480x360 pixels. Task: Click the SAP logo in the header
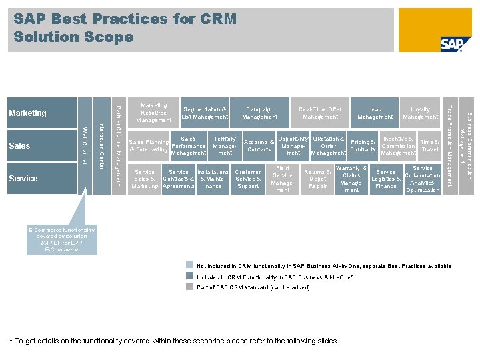455,44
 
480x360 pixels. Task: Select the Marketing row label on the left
27,113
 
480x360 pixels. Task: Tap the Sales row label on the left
19,146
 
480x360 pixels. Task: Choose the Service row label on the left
23,179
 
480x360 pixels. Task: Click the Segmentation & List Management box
205,113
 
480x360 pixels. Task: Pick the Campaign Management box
259,113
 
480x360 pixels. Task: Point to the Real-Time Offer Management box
320,113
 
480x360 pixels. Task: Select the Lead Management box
375,113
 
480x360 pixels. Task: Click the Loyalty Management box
420,113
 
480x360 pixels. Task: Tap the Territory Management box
225,146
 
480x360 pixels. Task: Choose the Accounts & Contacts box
259,146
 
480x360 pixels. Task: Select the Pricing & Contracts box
363,145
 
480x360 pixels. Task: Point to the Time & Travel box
430,146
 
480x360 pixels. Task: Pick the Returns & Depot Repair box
318,179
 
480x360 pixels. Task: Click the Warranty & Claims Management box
352,179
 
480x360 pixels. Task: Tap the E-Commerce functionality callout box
61,240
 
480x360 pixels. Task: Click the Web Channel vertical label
83,146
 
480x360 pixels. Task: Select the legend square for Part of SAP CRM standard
191,287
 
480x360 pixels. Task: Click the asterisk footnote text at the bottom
173,341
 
